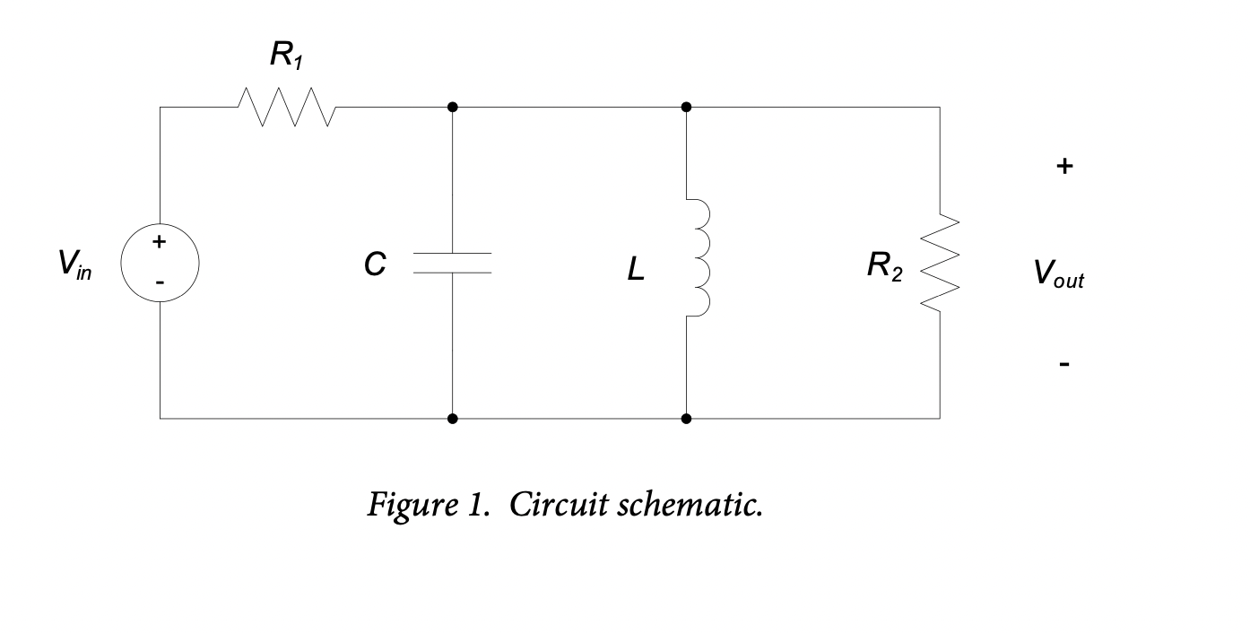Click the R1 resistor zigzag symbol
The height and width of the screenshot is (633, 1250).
pos(287,107)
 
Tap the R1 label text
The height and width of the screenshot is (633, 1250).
pos(286,56)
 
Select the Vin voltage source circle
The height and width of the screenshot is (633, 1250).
pos(160,264)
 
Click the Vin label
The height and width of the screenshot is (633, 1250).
pos(74,264)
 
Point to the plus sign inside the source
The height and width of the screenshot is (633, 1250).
pos(159,241)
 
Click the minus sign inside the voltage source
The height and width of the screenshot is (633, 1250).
pos(159,282)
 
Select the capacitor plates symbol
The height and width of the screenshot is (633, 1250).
pos(452,263)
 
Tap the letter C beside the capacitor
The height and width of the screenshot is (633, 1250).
pos(375,264)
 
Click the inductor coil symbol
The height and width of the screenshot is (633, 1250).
pos(698,257)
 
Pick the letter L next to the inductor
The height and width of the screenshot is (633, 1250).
pos(635,269)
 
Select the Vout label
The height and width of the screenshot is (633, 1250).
pos(1058,273)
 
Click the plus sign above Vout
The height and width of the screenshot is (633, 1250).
pos(1063,167)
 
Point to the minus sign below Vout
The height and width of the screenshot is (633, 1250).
pos(1063,364)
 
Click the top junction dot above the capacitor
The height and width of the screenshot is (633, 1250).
pos(452,107)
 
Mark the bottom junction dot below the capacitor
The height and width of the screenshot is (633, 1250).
pos(452,418)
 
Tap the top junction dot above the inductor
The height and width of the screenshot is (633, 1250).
pos(686,107)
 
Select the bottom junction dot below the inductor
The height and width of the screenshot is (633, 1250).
pos(686,418)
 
